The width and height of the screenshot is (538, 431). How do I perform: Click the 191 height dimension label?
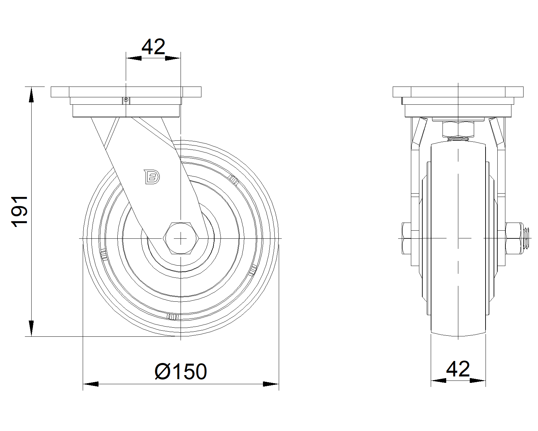click(x=20, y=211)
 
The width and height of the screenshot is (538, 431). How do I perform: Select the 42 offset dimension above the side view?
click(x=153, y=46)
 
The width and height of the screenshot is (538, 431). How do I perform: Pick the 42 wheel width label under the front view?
click(x=458, y=369)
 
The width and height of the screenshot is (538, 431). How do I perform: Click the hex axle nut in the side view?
click(x=181, y=238)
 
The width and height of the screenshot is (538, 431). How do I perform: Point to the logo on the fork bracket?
click(x=152, y=177)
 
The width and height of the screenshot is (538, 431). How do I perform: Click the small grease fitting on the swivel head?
click(x=126, y=100)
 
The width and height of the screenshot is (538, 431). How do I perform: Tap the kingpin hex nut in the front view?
click(x=458, y=129)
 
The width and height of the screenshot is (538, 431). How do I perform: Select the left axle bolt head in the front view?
click(x=407, y=238)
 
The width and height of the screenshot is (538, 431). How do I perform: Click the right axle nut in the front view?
click(x=514, y=238)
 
